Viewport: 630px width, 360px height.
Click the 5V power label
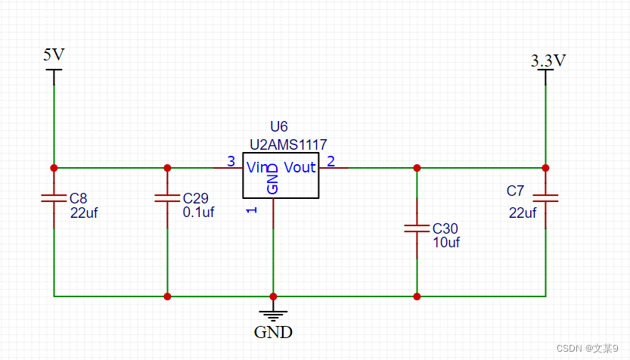[54, 54]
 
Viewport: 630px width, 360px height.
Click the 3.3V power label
[548, 61]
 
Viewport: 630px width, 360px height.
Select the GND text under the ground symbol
[273, 331]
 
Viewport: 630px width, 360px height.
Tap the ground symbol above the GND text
[273, 314]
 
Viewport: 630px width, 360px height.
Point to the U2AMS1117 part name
[288, 144]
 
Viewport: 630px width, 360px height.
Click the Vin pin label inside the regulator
[258, 167]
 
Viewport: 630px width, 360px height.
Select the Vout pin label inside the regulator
[299, 167]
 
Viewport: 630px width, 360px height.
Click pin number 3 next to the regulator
[231, 160]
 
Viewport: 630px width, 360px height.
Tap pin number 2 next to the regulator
[331, 160]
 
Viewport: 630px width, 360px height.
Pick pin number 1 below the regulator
[253, 209]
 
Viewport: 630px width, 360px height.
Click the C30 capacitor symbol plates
[416, 228]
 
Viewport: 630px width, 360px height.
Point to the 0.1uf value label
[199, 213]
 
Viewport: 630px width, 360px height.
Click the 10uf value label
[446, 242]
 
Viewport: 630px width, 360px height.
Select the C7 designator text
[515, 190]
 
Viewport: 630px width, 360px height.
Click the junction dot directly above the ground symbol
[273, 296]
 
